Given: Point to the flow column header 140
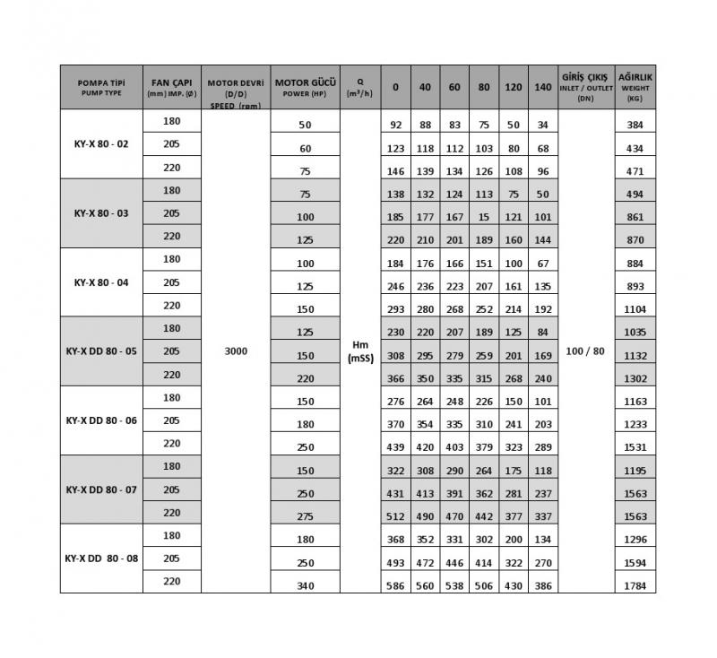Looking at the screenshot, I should click(x=542, y=87).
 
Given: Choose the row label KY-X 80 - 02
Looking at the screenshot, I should click(x=101, y=143).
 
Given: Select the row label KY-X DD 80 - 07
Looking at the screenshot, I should click(x=101, y=490).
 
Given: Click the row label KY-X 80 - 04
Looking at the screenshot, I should click(x=101, y=282).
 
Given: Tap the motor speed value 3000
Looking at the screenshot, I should click(x=237, y=351).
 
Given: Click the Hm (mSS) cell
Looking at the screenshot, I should click(x=360, y=351).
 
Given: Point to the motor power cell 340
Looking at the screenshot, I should click(x=305, y=586).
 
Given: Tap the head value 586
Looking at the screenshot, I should click(x=395, y=586).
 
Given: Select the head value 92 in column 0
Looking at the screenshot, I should click(x=395, y=126).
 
